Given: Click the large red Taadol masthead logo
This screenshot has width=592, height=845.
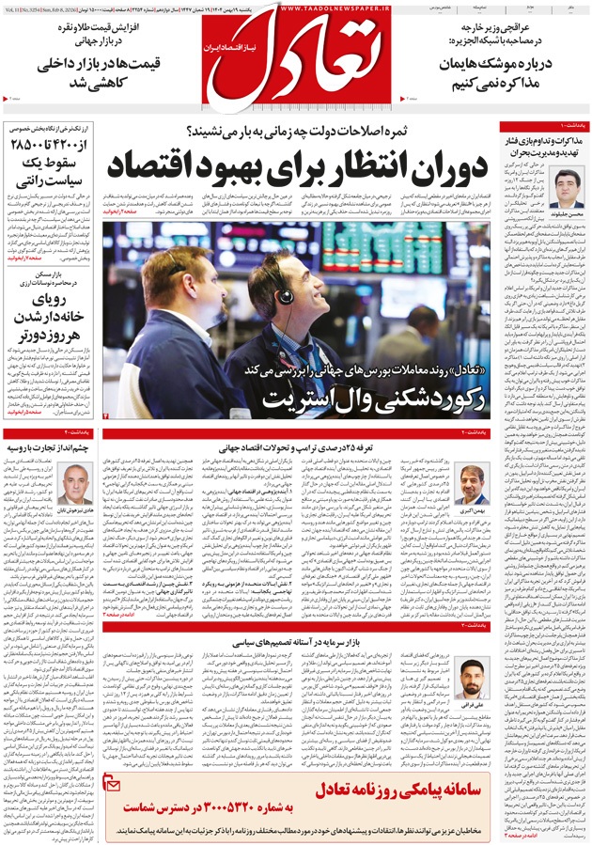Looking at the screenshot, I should click(x=297, y=56).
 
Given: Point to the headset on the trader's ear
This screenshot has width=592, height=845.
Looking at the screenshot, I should click(x=284, y=296).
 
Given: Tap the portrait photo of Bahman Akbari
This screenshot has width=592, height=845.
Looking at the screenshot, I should click(x=472, y=484).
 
